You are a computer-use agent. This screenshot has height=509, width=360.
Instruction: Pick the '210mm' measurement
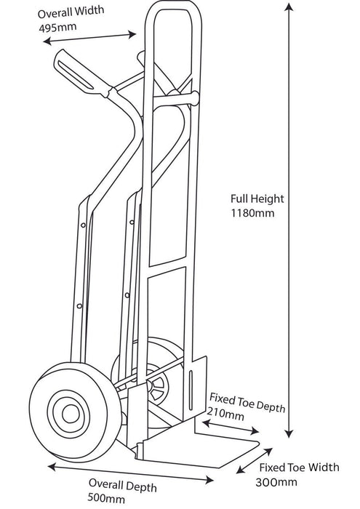pyautogui.click(x=226, y=414)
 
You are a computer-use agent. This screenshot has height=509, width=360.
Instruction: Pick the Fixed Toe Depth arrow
pyautogui.click(x=233, y=428)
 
